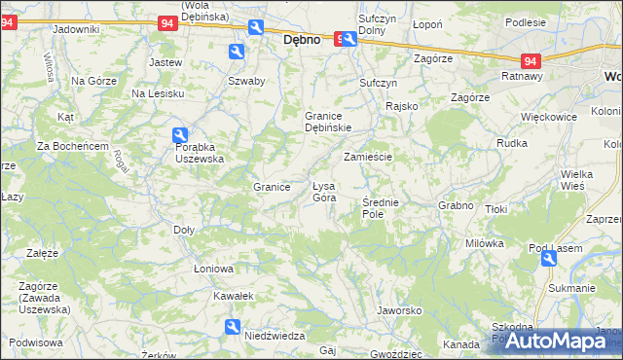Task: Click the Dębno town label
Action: [303, 42]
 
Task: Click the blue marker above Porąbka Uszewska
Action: [180, 135]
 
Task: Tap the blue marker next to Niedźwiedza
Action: [232, 327]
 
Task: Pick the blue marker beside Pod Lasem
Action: [549, 258]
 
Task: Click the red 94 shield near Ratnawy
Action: [531, 59]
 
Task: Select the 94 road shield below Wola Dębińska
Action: [166, 23]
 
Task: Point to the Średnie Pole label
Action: [380, 207]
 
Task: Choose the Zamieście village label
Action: [368, 157]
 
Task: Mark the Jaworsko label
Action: [398, 311]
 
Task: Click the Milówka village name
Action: [484, 243]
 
